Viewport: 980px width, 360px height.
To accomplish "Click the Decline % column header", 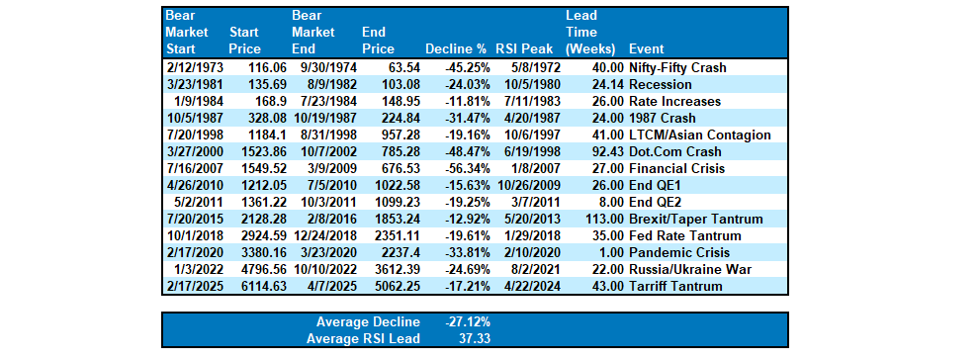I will click(x=455, y=48).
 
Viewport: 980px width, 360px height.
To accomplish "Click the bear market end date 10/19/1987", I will click(x=321, y=119).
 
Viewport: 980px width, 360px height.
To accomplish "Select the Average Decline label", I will click(x=368, y=322).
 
